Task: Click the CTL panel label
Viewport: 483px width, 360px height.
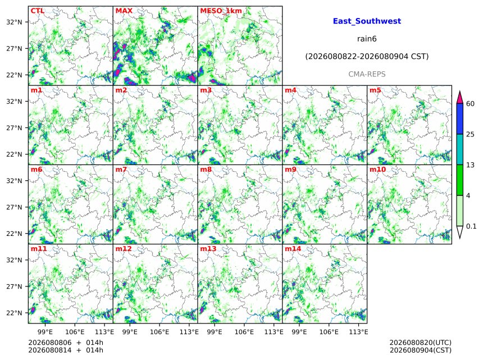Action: coord(37,11)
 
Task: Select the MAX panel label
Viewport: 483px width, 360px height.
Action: coord(124,11)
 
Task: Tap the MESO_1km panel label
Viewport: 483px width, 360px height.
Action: coord(221,11)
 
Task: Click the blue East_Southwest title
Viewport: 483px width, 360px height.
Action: coord(367,21)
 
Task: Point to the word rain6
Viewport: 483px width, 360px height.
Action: coord(367,39)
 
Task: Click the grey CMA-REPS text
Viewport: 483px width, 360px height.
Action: coord(367,74)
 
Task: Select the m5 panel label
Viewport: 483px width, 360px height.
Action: coord(375,90)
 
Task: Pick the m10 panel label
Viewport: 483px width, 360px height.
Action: coord(377,170)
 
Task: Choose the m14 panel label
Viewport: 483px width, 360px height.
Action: coord(293,249)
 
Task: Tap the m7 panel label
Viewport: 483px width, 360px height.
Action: coord(121,170)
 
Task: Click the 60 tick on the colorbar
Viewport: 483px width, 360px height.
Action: coord(470,103)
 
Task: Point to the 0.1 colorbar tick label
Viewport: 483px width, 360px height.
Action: coord(471,226)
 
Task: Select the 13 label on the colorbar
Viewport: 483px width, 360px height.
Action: coord(470,165)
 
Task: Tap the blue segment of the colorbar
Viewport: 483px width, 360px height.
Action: coord(459,119)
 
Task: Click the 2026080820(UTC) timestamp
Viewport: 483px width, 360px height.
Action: coord(421,343)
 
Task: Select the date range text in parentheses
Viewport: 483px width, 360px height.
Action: coord(367,57)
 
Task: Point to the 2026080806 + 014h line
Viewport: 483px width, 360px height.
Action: coord(66,343)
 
